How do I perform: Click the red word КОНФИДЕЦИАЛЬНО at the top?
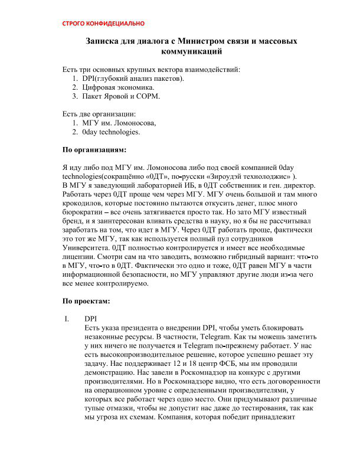(115, 24)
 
